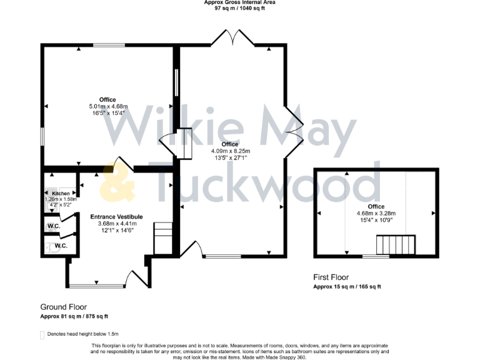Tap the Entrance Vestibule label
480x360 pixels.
pyautogui.click(x=112, y=216)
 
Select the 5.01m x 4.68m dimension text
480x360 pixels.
pyautogui.click(x=107, y=107)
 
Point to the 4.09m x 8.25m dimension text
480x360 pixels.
pyautogui.click(x=230, y=151)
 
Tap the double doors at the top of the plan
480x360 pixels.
pyautogui.click(x=232, y=37)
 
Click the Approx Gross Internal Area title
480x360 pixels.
pyautogui.click(x=240, y=2)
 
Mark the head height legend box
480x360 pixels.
pyautogui.click(x=42, y=335)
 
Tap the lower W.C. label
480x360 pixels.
pyautogui.click(x=61, y=246)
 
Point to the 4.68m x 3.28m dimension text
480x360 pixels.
pyautogui.click(x=376, y=213)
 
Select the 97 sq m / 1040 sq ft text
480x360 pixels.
pyautogui.click(x=240, y=9)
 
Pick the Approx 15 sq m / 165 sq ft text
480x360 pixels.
pyautogui.click(x=347, y=287)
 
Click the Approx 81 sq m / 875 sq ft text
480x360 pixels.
pyautogui.click(x=74, y=316)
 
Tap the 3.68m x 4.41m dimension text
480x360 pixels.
pyautogui.click(x=112, y=223)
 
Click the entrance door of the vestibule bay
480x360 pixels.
pyautogui.click(x=134, y=278)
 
